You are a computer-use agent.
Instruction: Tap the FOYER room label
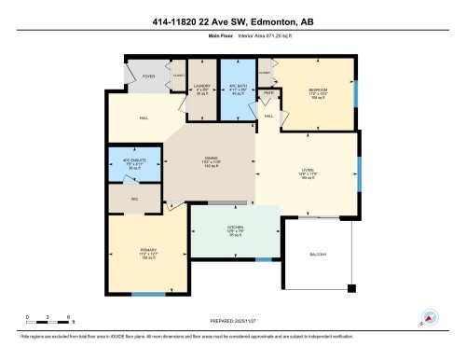click(x=148, y=76)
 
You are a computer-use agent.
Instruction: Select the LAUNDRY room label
click(x=200, y=89)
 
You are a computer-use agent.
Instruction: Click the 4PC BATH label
click(x=234, y=89)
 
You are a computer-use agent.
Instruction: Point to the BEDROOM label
click(x=316, y=90)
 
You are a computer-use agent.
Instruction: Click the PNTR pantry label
click(x=267, y=94)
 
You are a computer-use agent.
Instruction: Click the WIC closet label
click(x=134, y=199)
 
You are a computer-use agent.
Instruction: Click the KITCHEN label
click(x=235, y=230)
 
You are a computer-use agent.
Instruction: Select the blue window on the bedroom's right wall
click(x=356, y=94)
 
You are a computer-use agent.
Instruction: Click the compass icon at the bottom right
click(x=431, y=319)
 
